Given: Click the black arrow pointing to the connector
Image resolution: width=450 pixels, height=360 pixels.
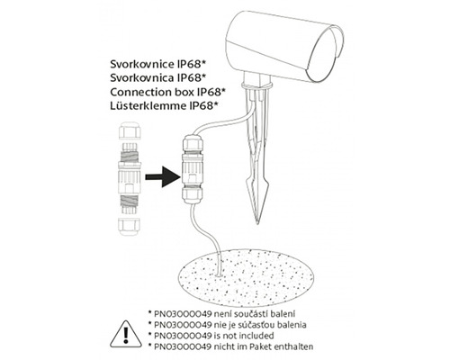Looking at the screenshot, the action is [x=163, y=177].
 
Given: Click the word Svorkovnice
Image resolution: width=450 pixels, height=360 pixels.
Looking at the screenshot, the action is [x=142, y=65].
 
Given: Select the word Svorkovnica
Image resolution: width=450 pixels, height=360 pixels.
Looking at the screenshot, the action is [x=142, y=78].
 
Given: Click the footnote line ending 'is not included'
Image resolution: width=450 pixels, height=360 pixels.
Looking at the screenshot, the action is [x=211, y=336].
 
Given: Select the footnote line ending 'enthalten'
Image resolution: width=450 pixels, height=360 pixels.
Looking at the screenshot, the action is [x=230, y=346].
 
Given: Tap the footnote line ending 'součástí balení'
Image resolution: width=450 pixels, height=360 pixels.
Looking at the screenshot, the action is [x=221, y=314].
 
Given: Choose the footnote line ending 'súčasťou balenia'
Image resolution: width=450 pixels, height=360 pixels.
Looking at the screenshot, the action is [x=227, y=325].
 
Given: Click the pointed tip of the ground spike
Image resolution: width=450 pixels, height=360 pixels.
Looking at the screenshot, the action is [x=257, y=223].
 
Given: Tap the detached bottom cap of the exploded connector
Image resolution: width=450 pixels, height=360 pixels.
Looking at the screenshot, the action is [x=130, y=226].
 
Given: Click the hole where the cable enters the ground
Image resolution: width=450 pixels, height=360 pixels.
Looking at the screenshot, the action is [x=219, y=274].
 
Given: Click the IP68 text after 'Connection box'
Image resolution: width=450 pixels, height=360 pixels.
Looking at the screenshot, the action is [x=211, y=92].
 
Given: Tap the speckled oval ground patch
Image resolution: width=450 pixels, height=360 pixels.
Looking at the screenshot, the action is [x=246, y=279].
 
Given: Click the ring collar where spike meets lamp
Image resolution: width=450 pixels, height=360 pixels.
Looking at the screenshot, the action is [x=257, y=86].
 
